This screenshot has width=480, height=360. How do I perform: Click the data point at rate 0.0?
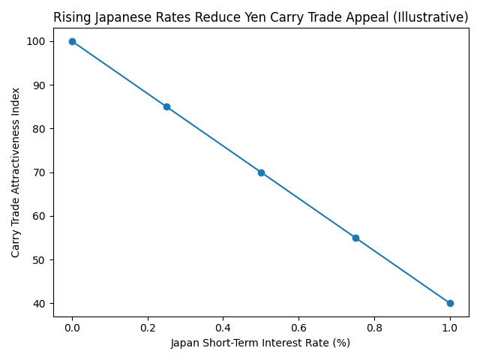[x=72, y=41]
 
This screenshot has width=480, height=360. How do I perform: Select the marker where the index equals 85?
[x=166, y=106]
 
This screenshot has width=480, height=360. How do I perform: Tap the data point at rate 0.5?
[x=261, y=172]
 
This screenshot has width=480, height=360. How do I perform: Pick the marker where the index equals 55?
[x=355, y=238]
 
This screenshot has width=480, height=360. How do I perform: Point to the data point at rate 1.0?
[x=450, y=303]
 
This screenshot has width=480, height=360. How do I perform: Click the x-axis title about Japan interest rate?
[x=261, y=343]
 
